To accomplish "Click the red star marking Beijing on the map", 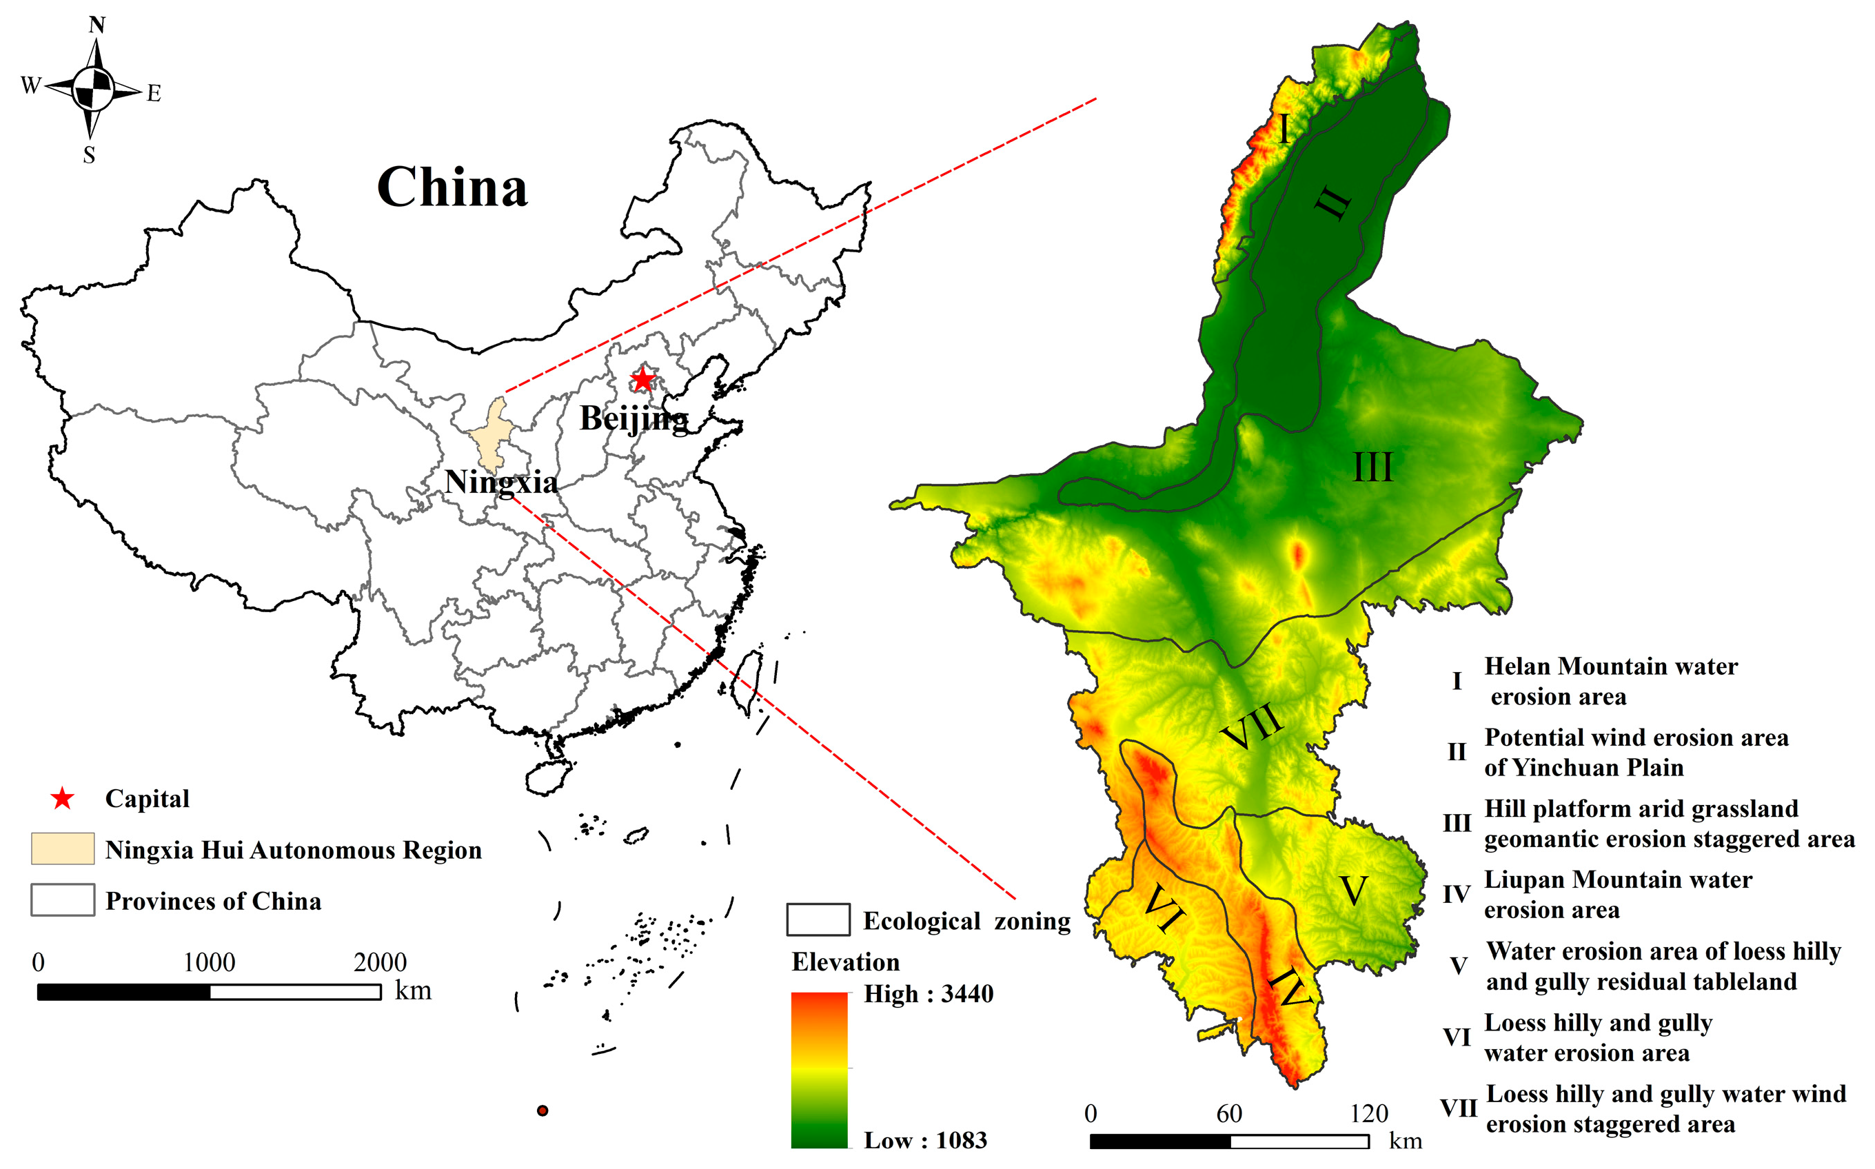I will (642, 380).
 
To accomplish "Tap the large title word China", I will (452, 188).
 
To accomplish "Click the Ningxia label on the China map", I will (501, 482).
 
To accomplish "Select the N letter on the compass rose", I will (97, 25).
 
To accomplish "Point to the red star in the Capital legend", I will (62, 799).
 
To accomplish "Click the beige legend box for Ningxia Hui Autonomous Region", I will (63, 849).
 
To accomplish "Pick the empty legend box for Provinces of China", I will (63, 900).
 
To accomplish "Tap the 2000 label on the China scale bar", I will (380, 963).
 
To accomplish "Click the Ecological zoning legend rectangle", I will (818, 920).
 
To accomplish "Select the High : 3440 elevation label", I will (928, 993).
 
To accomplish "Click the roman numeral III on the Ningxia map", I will (1372, 468).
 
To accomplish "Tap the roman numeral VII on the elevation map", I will (1253, 726).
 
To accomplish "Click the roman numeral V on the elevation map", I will (1353, 891).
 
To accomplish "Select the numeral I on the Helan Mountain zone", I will (1284, 129).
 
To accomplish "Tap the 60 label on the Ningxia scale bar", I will (1228, 1114).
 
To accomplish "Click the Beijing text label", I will (634, 419).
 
